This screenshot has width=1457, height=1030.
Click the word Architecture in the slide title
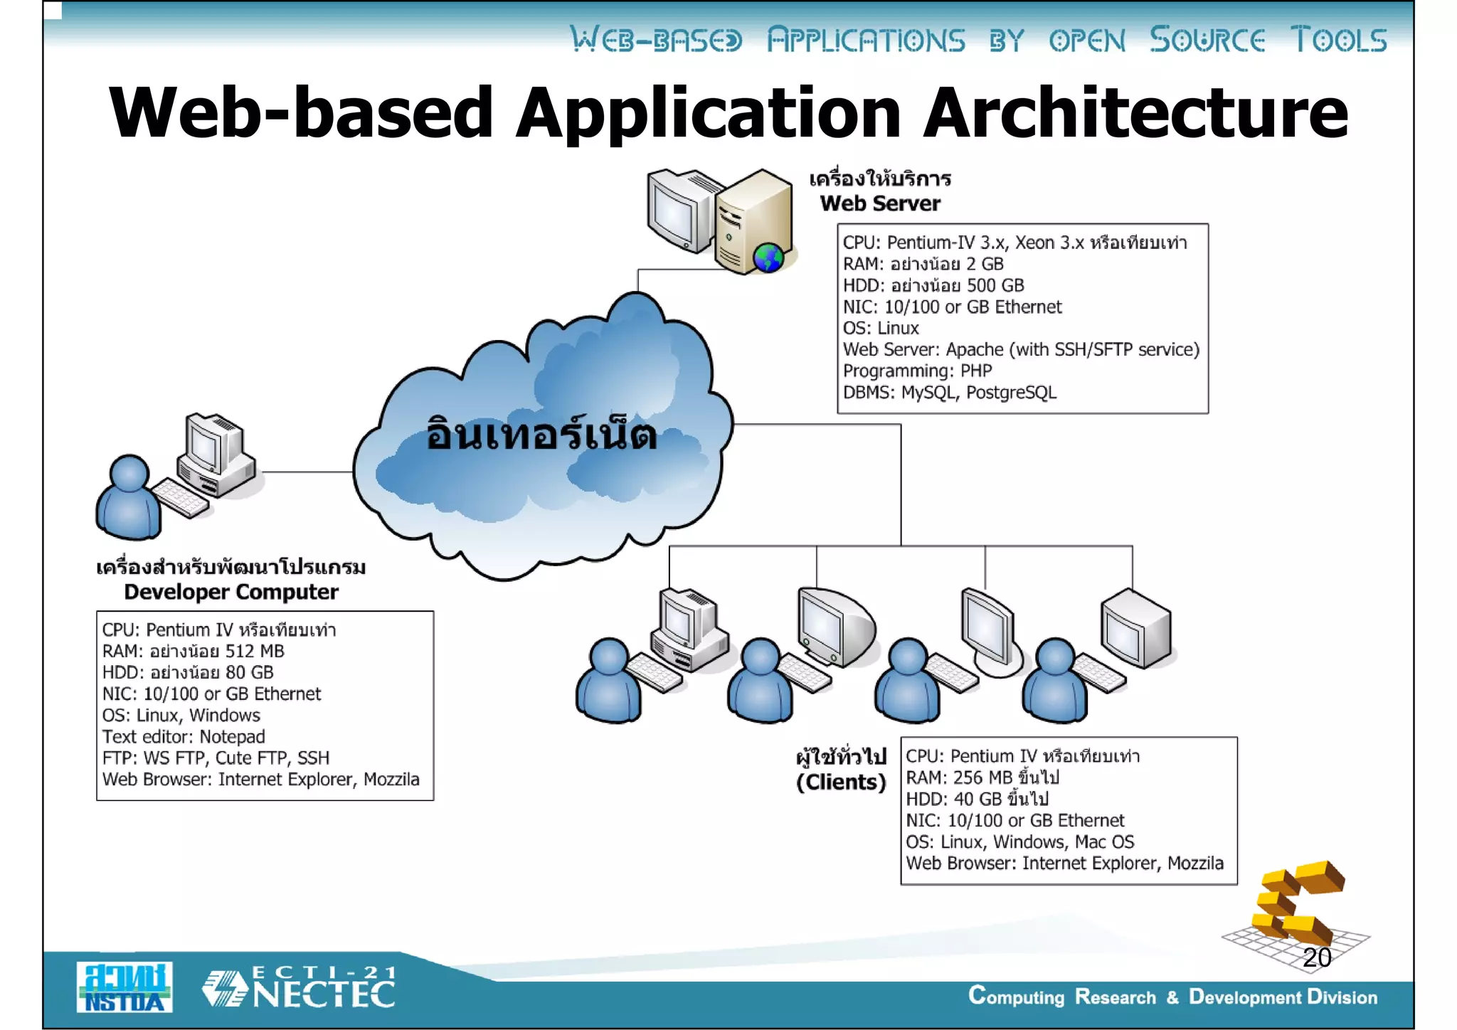[1135, 113]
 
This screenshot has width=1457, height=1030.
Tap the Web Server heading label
[880, 203]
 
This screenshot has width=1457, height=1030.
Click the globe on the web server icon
[768, 257]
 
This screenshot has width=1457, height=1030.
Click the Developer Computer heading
[231, 592]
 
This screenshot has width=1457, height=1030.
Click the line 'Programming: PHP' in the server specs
[917, 371]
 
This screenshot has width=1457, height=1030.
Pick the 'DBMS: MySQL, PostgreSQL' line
[950, 392]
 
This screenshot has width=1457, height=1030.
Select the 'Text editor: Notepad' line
[184, 736]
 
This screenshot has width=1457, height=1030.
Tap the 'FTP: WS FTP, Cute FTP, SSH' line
[216, 758]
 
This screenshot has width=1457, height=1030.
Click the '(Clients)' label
[841, 782]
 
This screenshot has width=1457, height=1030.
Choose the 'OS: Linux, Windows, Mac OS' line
[1019, 841]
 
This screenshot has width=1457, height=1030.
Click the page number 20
[1317, 957]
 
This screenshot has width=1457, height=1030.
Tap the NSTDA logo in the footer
[124, 987]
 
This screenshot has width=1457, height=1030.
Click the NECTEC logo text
[324, 994]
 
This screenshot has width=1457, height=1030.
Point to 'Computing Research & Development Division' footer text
[1172, 997]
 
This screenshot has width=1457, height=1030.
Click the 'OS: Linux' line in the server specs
[881, 328]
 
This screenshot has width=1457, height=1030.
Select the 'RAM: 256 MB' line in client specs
[982, 777]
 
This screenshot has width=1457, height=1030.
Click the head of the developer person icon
[129, 473]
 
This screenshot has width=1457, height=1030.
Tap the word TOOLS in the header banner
[1338, 40]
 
